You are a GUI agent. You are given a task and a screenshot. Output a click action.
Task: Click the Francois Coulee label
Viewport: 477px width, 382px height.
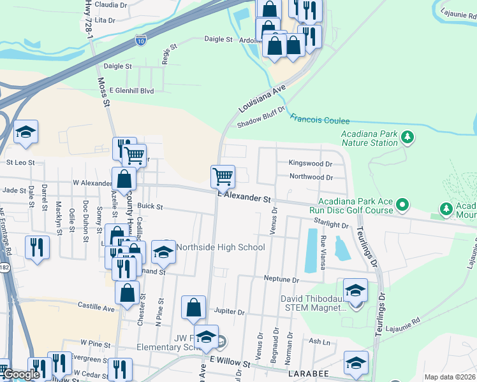pyautogui.click(x=320, y=120)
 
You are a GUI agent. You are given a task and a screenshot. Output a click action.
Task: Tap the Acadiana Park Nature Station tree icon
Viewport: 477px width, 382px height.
pyautogui.click(x=407, y=136)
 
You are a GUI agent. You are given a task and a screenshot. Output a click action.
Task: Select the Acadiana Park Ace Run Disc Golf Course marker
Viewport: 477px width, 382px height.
pyautogui.click(x=402, y=204)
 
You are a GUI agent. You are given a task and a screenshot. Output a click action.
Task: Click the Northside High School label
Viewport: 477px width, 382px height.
pyautogui.click(x=220, y=247)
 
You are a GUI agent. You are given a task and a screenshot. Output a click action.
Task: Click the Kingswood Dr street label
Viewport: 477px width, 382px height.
pyautogui.click(x=311, y=163)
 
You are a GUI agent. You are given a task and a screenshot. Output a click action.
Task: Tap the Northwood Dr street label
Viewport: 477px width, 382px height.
pyautogui.click(x=311, y=176)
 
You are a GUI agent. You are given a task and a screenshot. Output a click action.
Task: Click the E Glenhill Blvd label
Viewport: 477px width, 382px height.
pyautogui.click(x=132, y=91)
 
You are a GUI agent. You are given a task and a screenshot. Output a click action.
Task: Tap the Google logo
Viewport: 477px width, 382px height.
pyautogui.click(x=21, y=374)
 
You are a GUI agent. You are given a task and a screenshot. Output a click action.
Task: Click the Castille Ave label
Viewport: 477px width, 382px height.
pyautogui.click(x=96, y=308)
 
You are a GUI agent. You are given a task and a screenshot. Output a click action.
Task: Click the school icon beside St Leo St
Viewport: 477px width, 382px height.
pyautogui.click(x=26, y=132)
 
